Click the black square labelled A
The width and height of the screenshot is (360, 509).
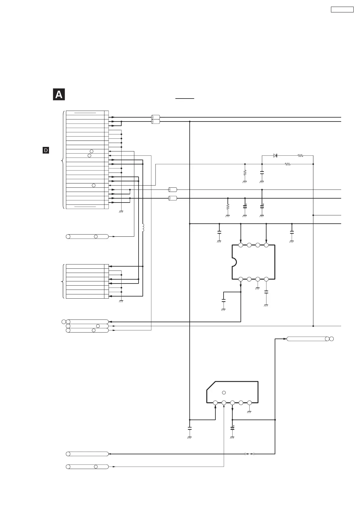tap(59, 95)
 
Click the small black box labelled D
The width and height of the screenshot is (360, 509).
tap(46, 150)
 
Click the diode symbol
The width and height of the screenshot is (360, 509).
tap(275, 155)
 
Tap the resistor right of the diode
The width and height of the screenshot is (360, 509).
tap(300, 155)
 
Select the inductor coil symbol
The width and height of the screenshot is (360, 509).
tap(143, 228)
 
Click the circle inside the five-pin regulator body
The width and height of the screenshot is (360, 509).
tap(224, 392)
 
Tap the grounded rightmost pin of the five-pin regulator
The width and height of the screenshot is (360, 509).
tap(249, 403)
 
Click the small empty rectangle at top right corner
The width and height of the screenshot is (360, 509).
tap(342, 9)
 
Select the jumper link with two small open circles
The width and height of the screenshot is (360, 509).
tap(249, 454)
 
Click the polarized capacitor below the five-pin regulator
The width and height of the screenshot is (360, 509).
tap(232, 428)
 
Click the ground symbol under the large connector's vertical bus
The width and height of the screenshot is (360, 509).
tap(121, 212)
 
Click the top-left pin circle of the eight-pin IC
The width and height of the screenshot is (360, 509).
tap(241, 245)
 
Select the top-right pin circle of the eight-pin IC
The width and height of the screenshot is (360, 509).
tap(266, 245)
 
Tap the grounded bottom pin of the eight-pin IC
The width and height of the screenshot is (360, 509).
tap(258, 279)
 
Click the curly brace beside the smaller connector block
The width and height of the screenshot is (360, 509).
tap(62, 281)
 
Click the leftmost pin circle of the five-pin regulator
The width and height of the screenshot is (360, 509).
tap(215, 403)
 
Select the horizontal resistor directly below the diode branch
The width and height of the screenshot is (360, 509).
tap(288, 164)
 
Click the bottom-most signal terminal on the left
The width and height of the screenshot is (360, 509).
tap(87, 467)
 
